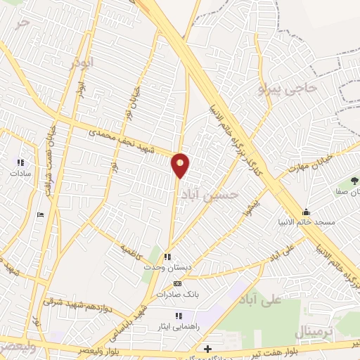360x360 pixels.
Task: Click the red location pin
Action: (181, 164)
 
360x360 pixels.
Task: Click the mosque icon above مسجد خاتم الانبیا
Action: (306, 212)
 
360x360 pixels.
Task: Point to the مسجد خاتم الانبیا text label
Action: (306, 221)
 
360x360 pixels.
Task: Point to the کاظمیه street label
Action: (131, 250)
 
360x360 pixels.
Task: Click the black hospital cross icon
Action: (207, 349)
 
